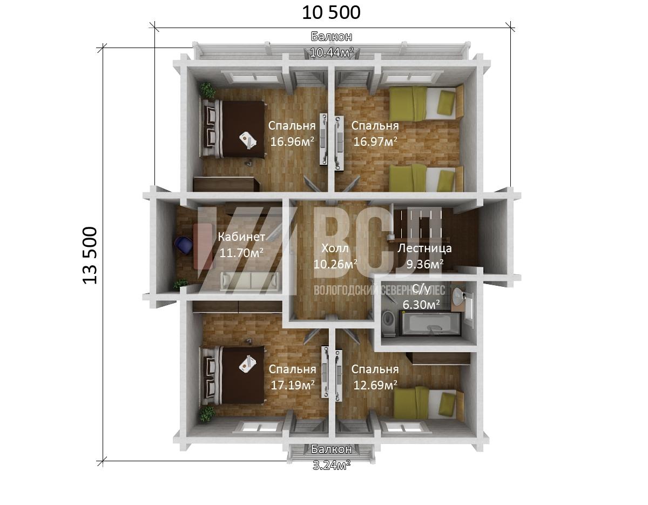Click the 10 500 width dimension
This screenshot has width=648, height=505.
(x=331, y=13)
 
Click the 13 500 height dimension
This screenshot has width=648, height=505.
(x=90, y=255)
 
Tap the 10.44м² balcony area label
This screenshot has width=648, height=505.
(x=332, y=52)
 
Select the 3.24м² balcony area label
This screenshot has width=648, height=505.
(x=332, y=465)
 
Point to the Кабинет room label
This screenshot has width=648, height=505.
(x=241, y=237)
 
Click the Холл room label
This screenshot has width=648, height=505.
(x=335, y=248)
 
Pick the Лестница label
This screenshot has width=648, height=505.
(x=424, y=248)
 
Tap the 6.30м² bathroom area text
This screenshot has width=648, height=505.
(x=421, y=305)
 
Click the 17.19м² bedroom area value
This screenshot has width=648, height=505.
(x=292, y=386)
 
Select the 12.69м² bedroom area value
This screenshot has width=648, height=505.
(x=375, y=386)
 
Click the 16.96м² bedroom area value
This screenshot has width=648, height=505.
(x=292, y=142)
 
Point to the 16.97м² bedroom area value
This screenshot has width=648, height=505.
(x=375, y=142)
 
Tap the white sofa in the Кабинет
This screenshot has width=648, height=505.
(x=250, y=281)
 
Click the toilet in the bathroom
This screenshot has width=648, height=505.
(x=389, y=324)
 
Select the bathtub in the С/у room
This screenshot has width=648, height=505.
(x=432, y=324)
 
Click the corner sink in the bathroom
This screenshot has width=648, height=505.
(x=460, y=297)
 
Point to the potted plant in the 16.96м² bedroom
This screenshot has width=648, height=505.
(x=207, y=90)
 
